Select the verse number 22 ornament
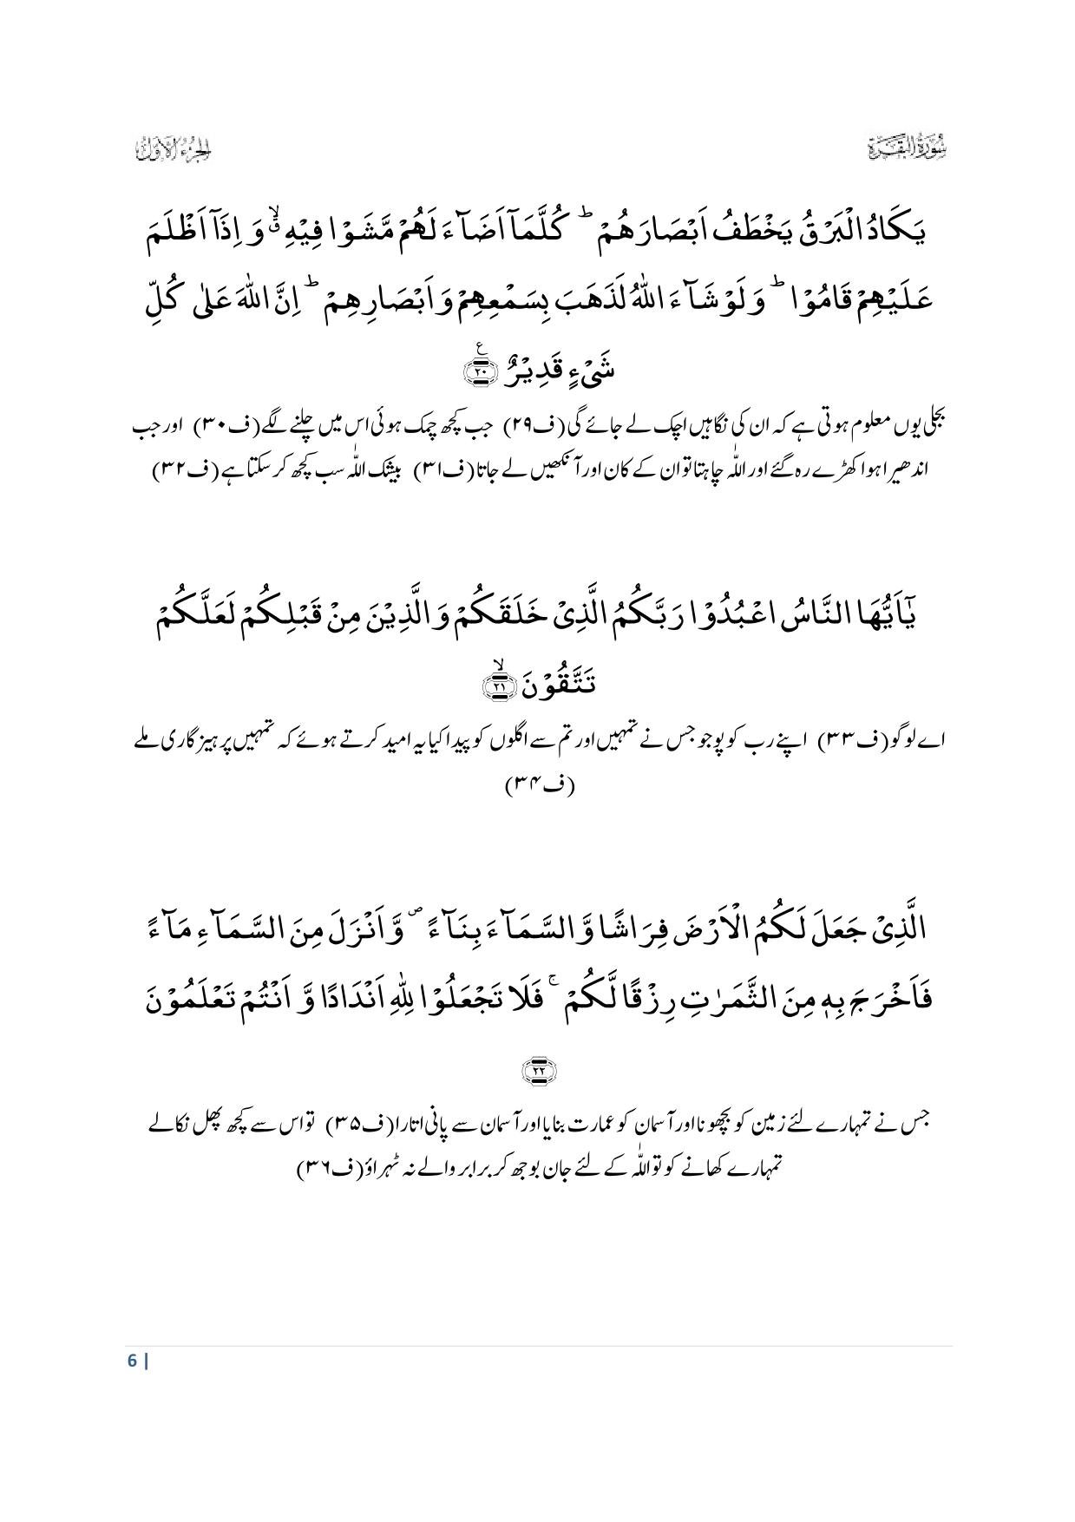click(537, 1070)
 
